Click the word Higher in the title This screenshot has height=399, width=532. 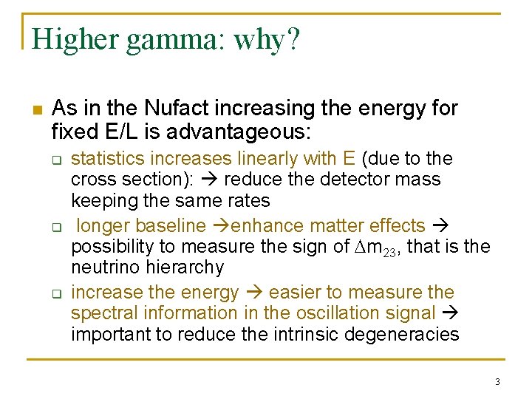75,39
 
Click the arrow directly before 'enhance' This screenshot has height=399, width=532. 220,226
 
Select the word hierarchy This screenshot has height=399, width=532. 184,267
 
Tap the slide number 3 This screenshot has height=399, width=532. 497,382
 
